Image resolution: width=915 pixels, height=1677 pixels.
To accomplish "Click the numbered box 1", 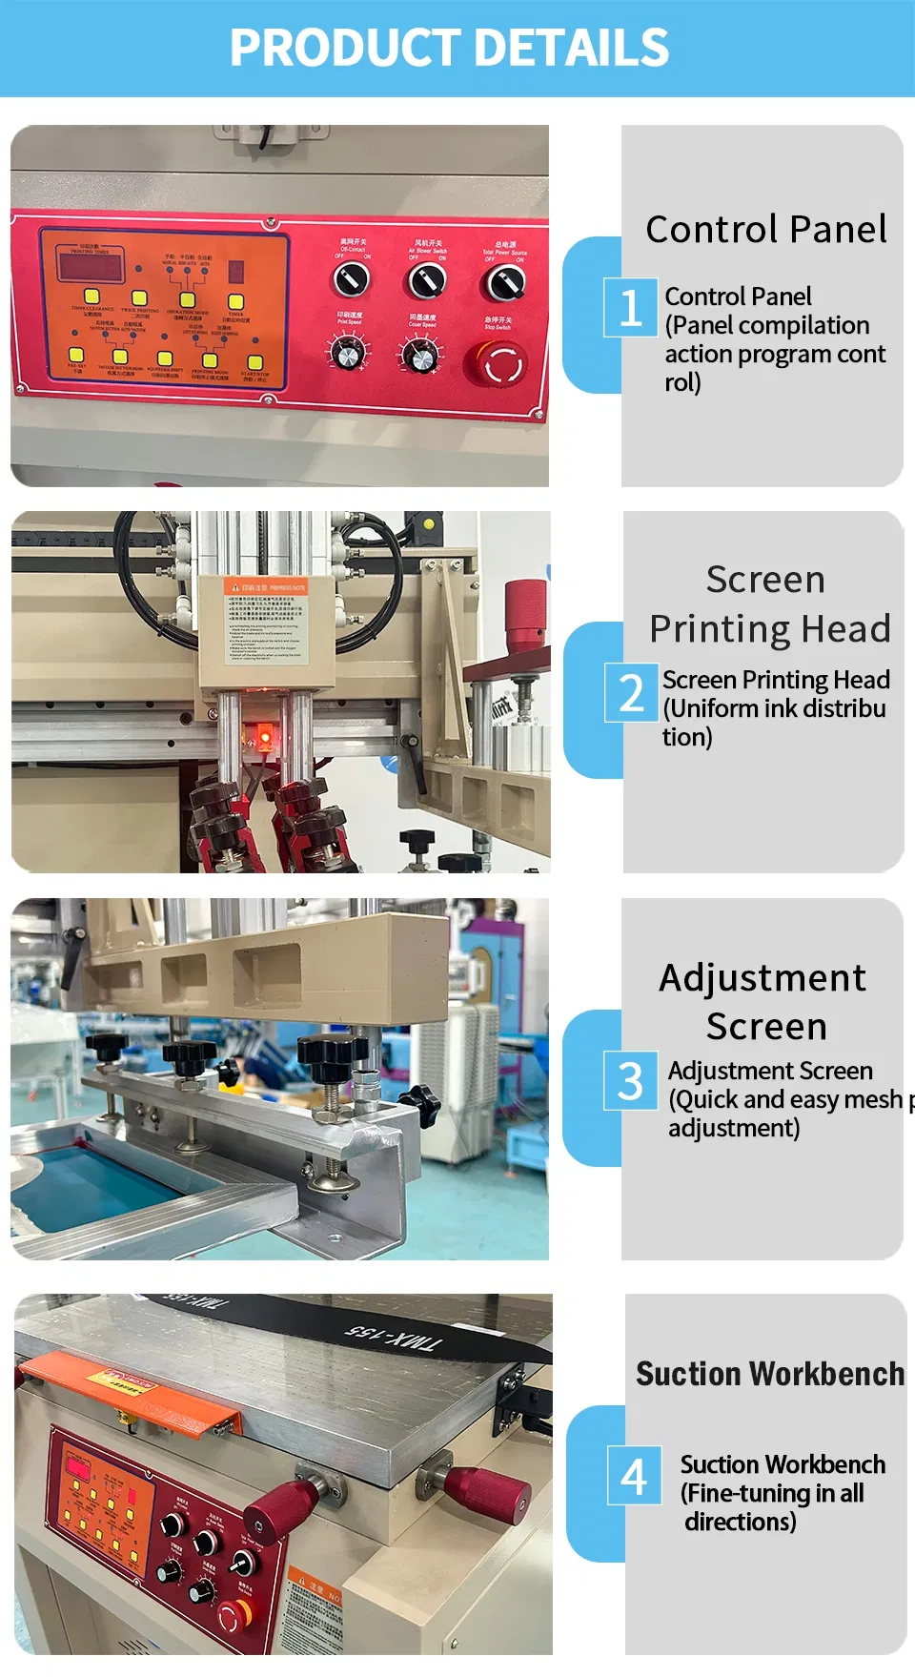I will (630, 308).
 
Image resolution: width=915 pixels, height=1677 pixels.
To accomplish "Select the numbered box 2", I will (631, 692).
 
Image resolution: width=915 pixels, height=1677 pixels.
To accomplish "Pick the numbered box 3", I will (630, 1081).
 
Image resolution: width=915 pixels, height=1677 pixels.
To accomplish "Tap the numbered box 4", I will (634, 1476).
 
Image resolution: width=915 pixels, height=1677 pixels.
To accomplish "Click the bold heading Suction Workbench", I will (769, 1374).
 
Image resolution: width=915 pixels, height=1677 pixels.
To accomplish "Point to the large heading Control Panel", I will (766, 230).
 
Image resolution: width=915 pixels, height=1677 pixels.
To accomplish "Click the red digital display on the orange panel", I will (90, 264).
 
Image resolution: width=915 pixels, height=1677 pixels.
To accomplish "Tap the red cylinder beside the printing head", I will (525, 614).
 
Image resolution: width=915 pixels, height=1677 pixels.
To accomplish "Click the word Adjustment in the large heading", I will (762, 978).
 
